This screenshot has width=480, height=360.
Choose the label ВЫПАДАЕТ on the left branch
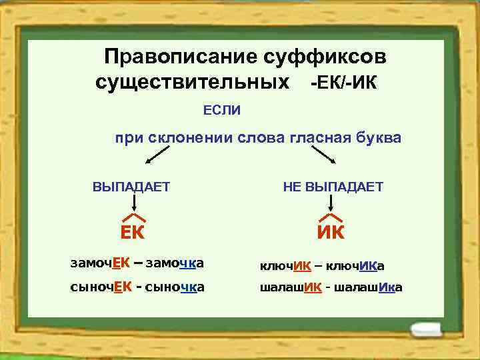point(131,187)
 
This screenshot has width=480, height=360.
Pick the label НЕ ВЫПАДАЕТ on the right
point(333,187)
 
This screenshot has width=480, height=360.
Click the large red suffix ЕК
point(133,233)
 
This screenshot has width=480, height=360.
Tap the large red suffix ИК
point(331,233)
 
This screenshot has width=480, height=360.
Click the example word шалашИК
point(291,287)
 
